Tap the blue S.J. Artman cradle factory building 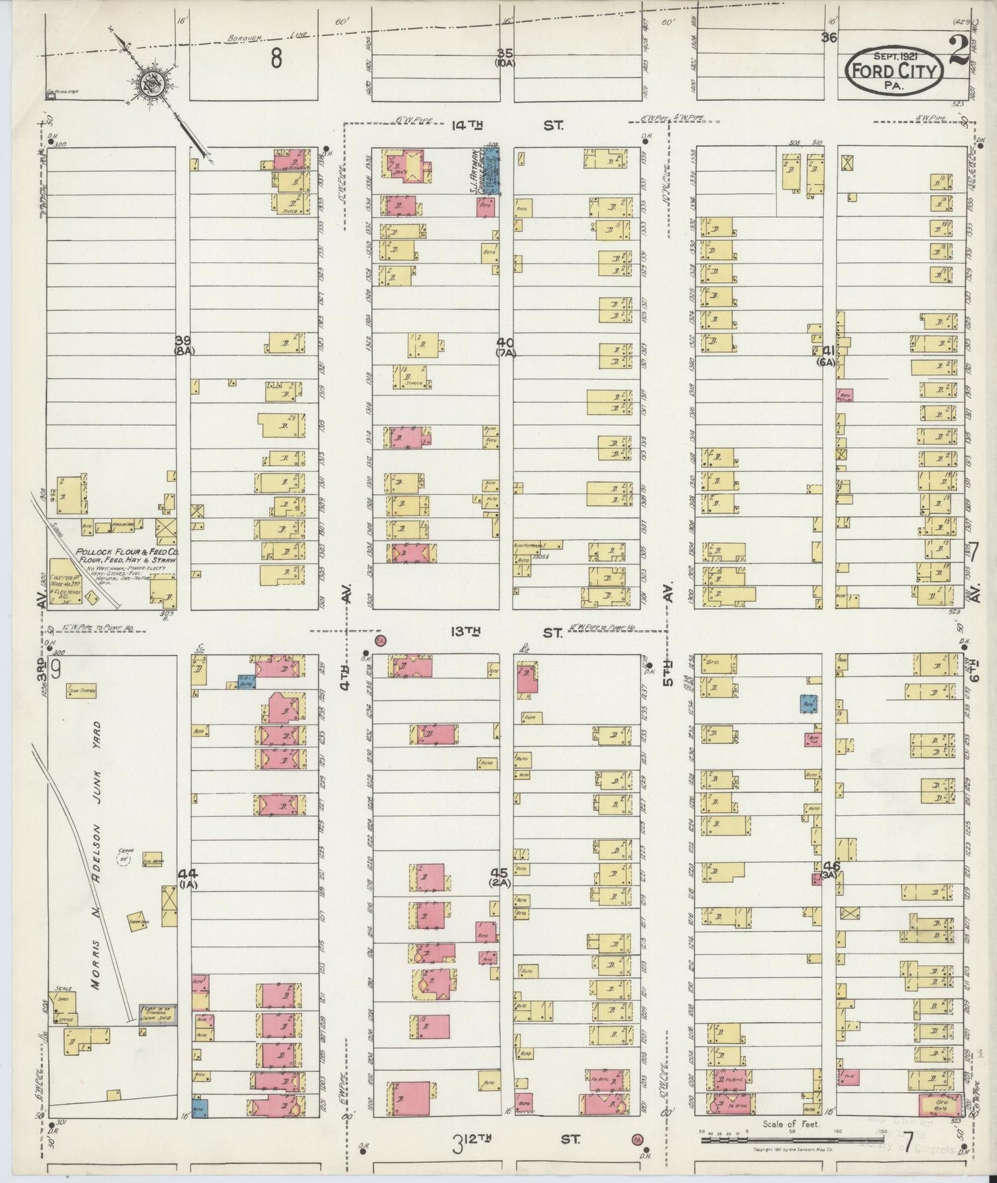click(x=491, y=169)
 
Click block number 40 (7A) click(x=506, y=347)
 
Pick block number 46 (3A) click(x=831, y=870)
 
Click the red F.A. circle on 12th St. click(x=635, y=1137)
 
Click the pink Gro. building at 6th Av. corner click(x=940, y=1103)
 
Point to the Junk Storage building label click(x=82, y=690)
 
